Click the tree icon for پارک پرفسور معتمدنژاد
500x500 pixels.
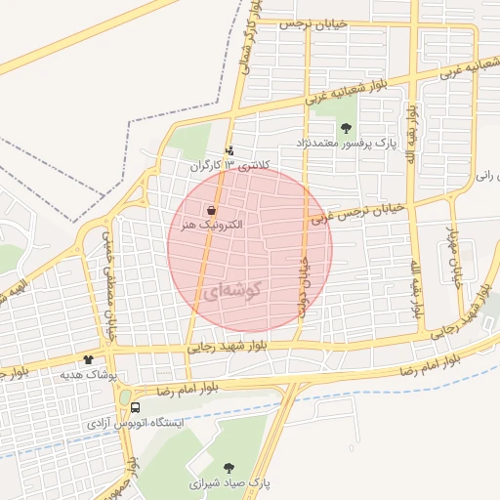coord(346,127)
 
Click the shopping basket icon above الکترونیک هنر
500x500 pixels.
coord(212,210)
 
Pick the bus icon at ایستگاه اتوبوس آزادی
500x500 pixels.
coord(134,406)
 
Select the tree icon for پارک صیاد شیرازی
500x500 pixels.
coord(229,468)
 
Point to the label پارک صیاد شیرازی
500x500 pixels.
coord(230,483)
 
